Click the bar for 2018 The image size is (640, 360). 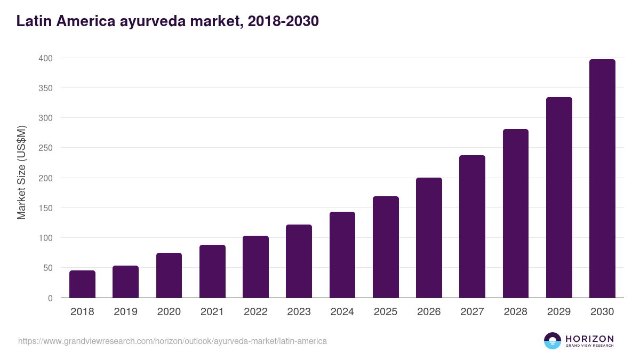pyautogui.click(x=82, y=284)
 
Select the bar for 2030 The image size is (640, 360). pyautogui.click(x=602, y=179)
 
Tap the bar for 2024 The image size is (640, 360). pyautogui.click(x=342, y=255)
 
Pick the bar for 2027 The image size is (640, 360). pyautogui.click(x=472, y=227)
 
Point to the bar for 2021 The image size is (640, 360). pyautogui.click(x=212, y=271)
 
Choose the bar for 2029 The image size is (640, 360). pyautogui.click(x=559, y=197)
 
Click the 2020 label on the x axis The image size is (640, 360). pyautogui.click(x=169, y=312)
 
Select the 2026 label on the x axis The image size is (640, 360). pyautogui.click(x=429, y=312)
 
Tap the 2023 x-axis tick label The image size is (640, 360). pyautogui.click(x=299, y=312)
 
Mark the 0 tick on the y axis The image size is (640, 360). pyautogui.click(x=50, y=298)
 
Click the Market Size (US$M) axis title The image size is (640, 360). pyautogui.click(x=21, y=172)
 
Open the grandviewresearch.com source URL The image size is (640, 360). pyautogui.click(x=172, y=340)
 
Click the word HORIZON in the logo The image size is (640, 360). pyautogui.click(x=589, y=338)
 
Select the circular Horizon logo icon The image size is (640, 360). pyautogui.click(x=553, y=341)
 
